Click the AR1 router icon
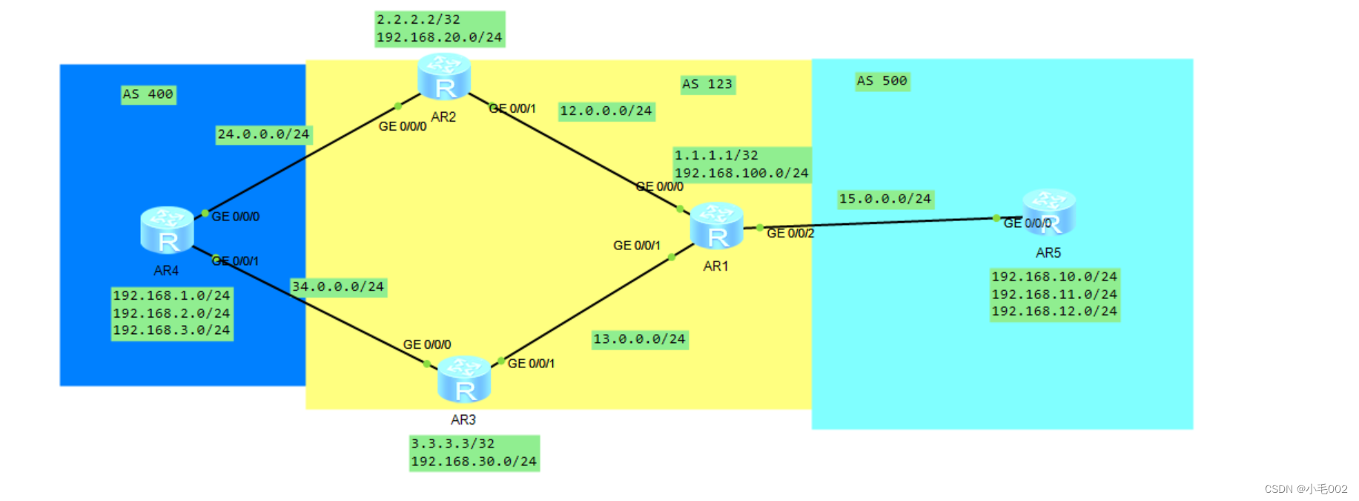click(x=716, y=226)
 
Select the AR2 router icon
click(x=444, y=76)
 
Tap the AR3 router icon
click(x=464, y=379)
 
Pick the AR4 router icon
click(x=167, y=230)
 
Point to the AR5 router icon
click(x=1050, y=212)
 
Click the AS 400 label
click(x=148, y=94)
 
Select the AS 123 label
click(x=707, y=85)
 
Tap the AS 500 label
click(x=882, y=81)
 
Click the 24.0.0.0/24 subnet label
click(x=263, y=134)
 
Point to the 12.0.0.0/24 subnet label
click(x=606, y=111)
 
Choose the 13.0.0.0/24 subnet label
click(x=639, y=339)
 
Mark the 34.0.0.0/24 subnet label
click(x=338, y=286)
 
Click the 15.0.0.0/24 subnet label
click(x=884, y=199)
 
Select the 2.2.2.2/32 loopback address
click(x=418, y=20)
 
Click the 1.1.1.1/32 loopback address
click(x=716, y=156)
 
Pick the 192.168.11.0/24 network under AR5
click(x=1054, y=295)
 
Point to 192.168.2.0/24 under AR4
click(x=171, y=313)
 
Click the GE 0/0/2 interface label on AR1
click(x=790, y=234)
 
